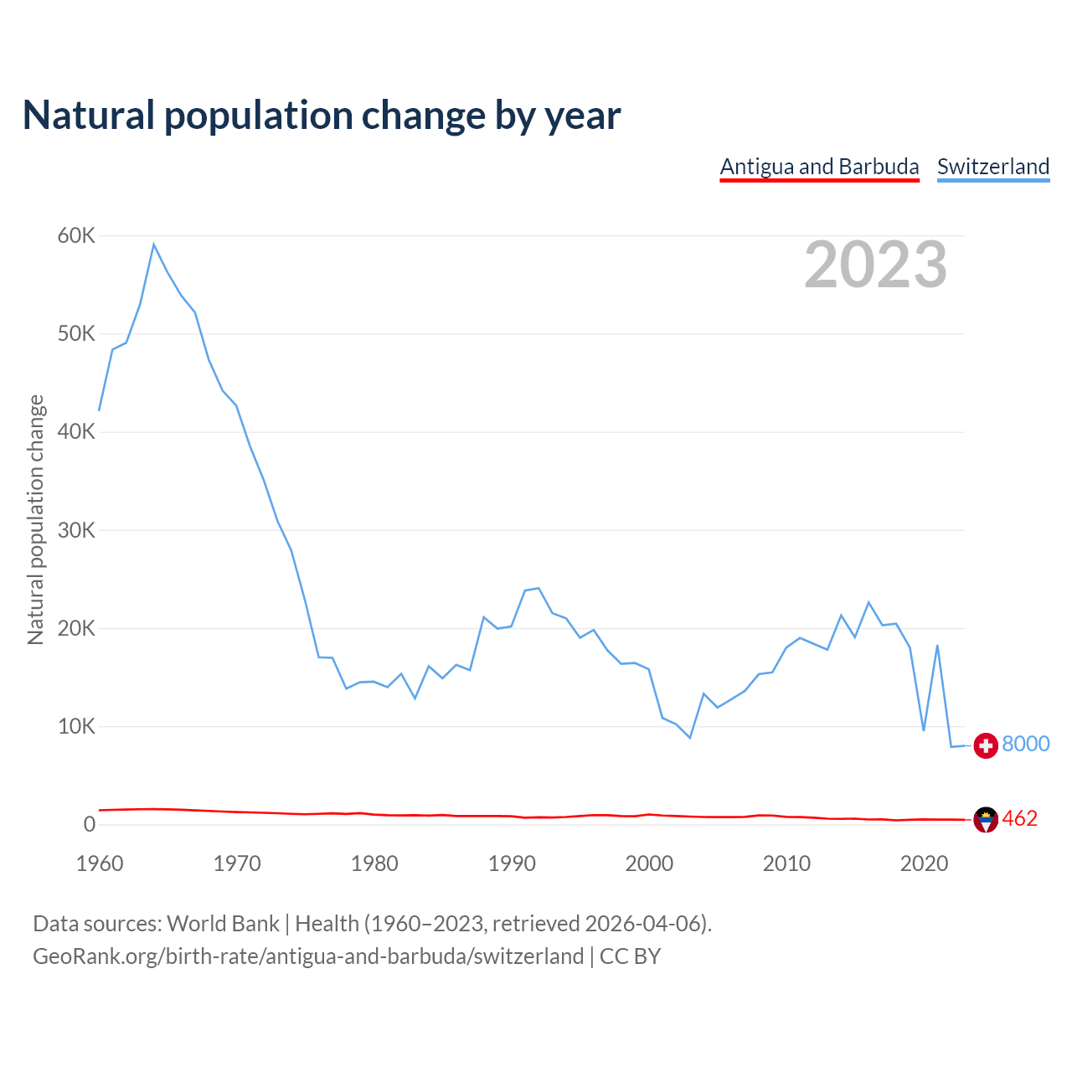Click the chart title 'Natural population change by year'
pos(322,116)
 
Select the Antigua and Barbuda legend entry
pos(819,167)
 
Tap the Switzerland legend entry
pos(992,167)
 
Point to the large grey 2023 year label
pos(875,265)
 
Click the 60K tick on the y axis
pos(76,236)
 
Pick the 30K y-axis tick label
pos(76,530)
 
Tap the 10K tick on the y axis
pos(76,726)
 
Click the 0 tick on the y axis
pos(90,825)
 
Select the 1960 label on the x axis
pos(100,863)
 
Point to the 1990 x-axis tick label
pos(512,863)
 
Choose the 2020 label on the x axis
pos(924,863)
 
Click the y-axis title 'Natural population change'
pos(35,520)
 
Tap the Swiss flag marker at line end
pos(986,745)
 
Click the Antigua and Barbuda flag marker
pos(986,820)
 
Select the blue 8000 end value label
pos(1026,744)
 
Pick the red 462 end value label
pos(1019,818)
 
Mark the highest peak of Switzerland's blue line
pos(154,244)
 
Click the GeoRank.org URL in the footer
pos(308,956)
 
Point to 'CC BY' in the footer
pos(630,956)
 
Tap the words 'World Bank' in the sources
pos(223,923)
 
